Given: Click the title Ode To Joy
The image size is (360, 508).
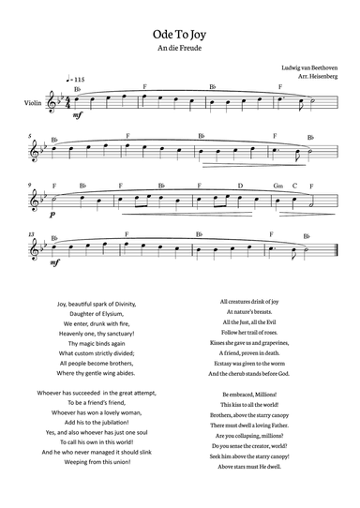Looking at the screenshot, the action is (x=179, y=32).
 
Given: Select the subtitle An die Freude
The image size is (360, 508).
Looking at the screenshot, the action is (x=179, y=47).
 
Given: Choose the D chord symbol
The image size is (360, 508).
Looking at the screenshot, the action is (x=242, y=186).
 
